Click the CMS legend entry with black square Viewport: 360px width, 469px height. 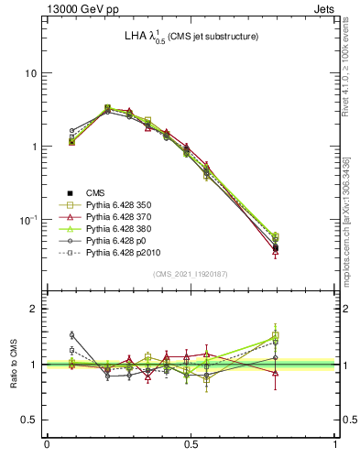point(97,193)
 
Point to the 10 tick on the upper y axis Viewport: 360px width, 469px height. point(34,73)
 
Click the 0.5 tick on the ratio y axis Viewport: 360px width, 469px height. point(32,420)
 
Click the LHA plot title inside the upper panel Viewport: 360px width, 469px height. point(191,36)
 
